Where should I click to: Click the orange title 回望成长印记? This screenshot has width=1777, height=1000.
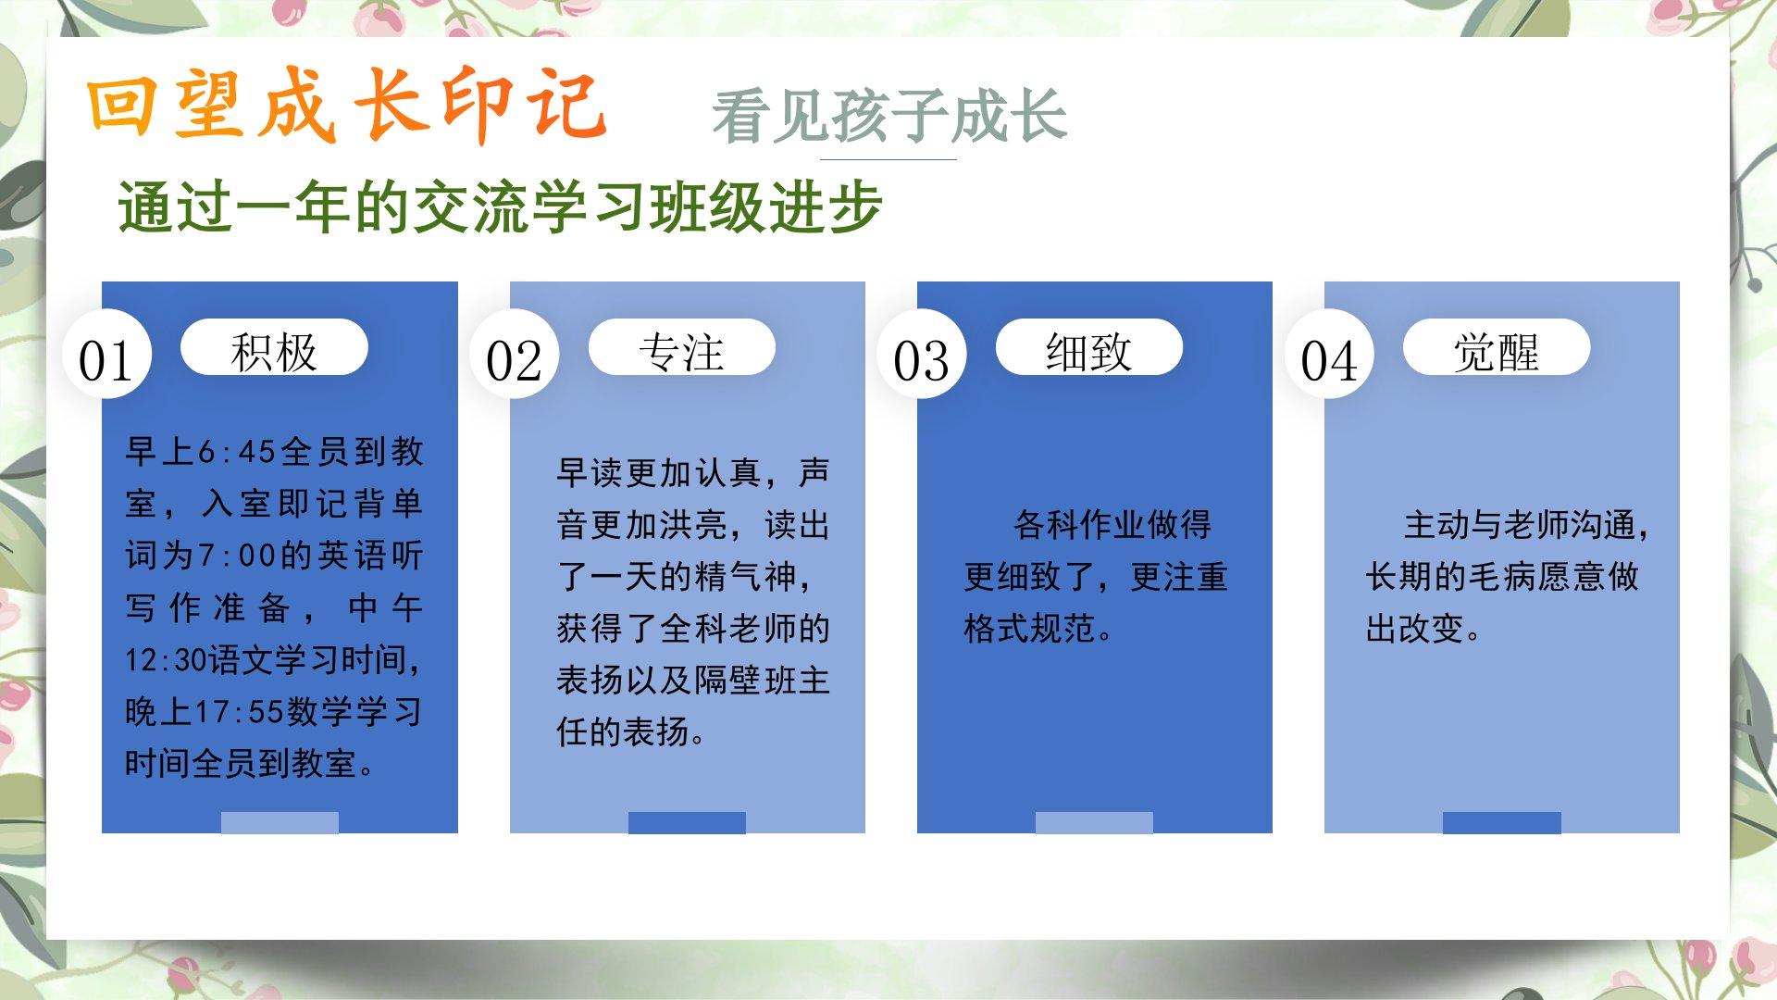[347, 106]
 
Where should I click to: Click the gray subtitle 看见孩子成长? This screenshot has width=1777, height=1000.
[889, 117]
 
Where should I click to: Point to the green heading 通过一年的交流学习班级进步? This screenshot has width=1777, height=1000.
[500, 206]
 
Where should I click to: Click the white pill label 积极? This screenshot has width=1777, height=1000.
[274, 347]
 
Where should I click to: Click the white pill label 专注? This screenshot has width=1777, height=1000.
[681, 347]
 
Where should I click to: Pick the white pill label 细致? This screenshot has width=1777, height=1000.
[1089, 347]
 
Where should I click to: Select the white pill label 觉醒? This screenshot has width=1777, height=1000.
[1497, 347]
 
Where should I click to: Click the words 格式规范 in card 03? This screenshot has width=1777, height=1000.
[1029, 629]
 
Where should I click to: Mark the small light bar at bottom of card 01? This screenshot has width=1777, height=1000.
[280, 822]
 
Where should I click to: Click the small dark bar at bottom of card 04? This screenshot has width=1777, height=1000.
[1502, 822]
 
